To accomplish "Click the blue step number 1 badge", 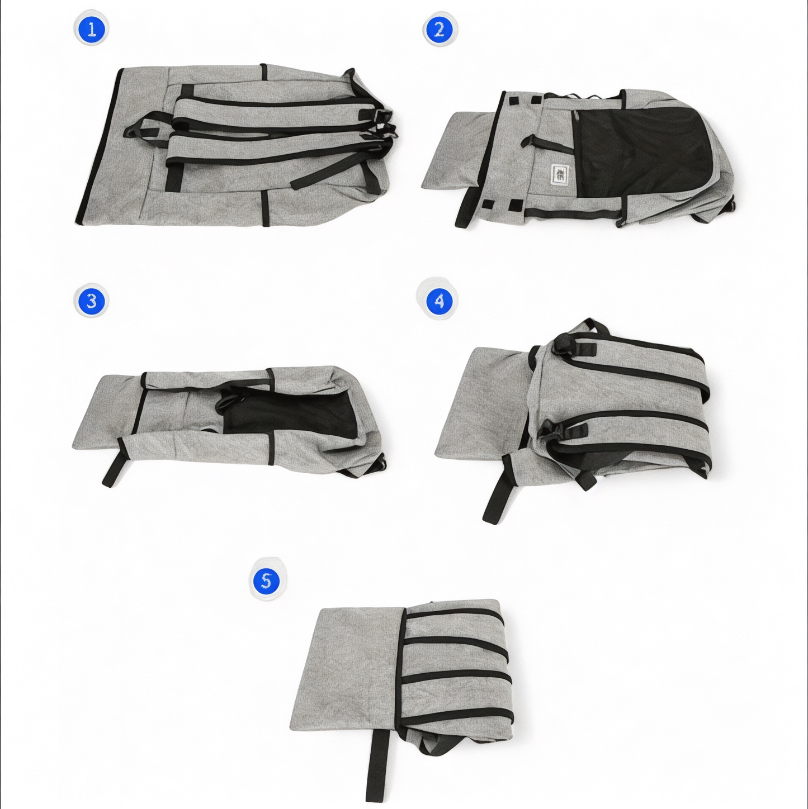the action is click(x=92, y=30).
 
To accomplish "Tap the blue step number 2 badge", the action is click(x=440, y=30).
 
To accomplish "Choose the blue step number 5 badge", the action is click(x=266, y=580).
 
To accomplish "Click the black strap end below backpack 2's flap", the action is click(x=466, y=208).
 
